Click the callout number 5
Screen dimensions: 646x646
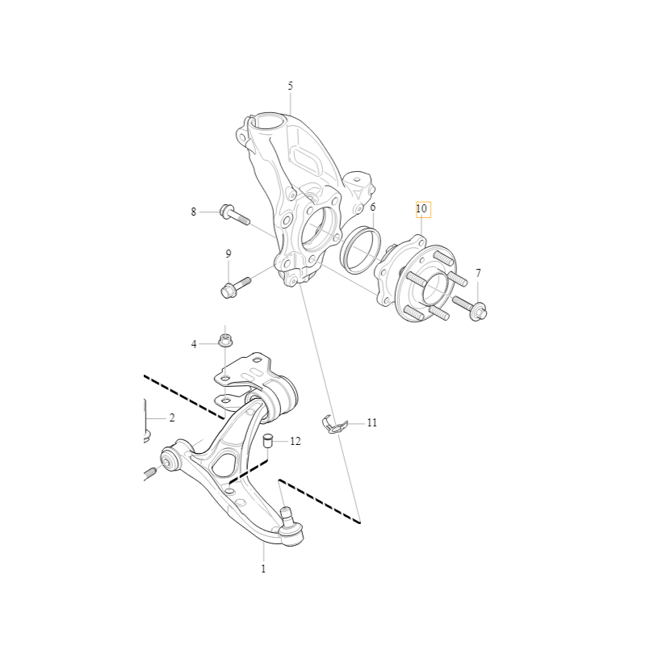point(291,86)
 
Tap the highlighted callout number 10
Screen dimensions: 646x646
point(422,209)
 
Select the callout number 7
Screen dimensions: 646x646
point(478,273)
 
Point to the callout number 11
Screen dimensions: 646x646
point(371,422)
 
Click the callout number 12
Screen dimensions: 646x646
point(296,441)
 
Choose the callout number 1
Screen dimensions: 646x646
point(263,569)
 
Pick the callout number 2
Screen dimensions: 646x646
point(172,417)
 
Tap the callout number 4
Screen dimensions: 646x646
point(194,344)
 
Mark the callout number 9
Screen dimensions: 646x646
point(229,254)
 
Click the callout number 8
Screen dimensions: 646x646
point(193,212)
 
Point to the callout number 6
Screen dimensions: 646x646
point(373,207)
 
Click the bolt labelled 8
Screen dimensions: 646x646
point(235,214)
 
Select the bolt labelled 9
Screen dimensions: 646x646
point(236,287)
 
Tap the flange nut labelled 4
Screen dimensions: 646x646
point(224,339)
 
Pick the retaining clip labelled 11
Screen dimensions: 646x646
point(334,424)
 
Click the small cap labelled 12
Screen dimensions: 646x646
point(269,440)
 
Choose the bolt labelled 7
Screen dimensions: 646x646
point(470,307)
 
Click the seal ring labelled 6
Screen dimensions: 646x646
point(360,250)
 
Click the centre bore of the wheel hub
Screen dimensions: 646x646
point(434,287)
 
